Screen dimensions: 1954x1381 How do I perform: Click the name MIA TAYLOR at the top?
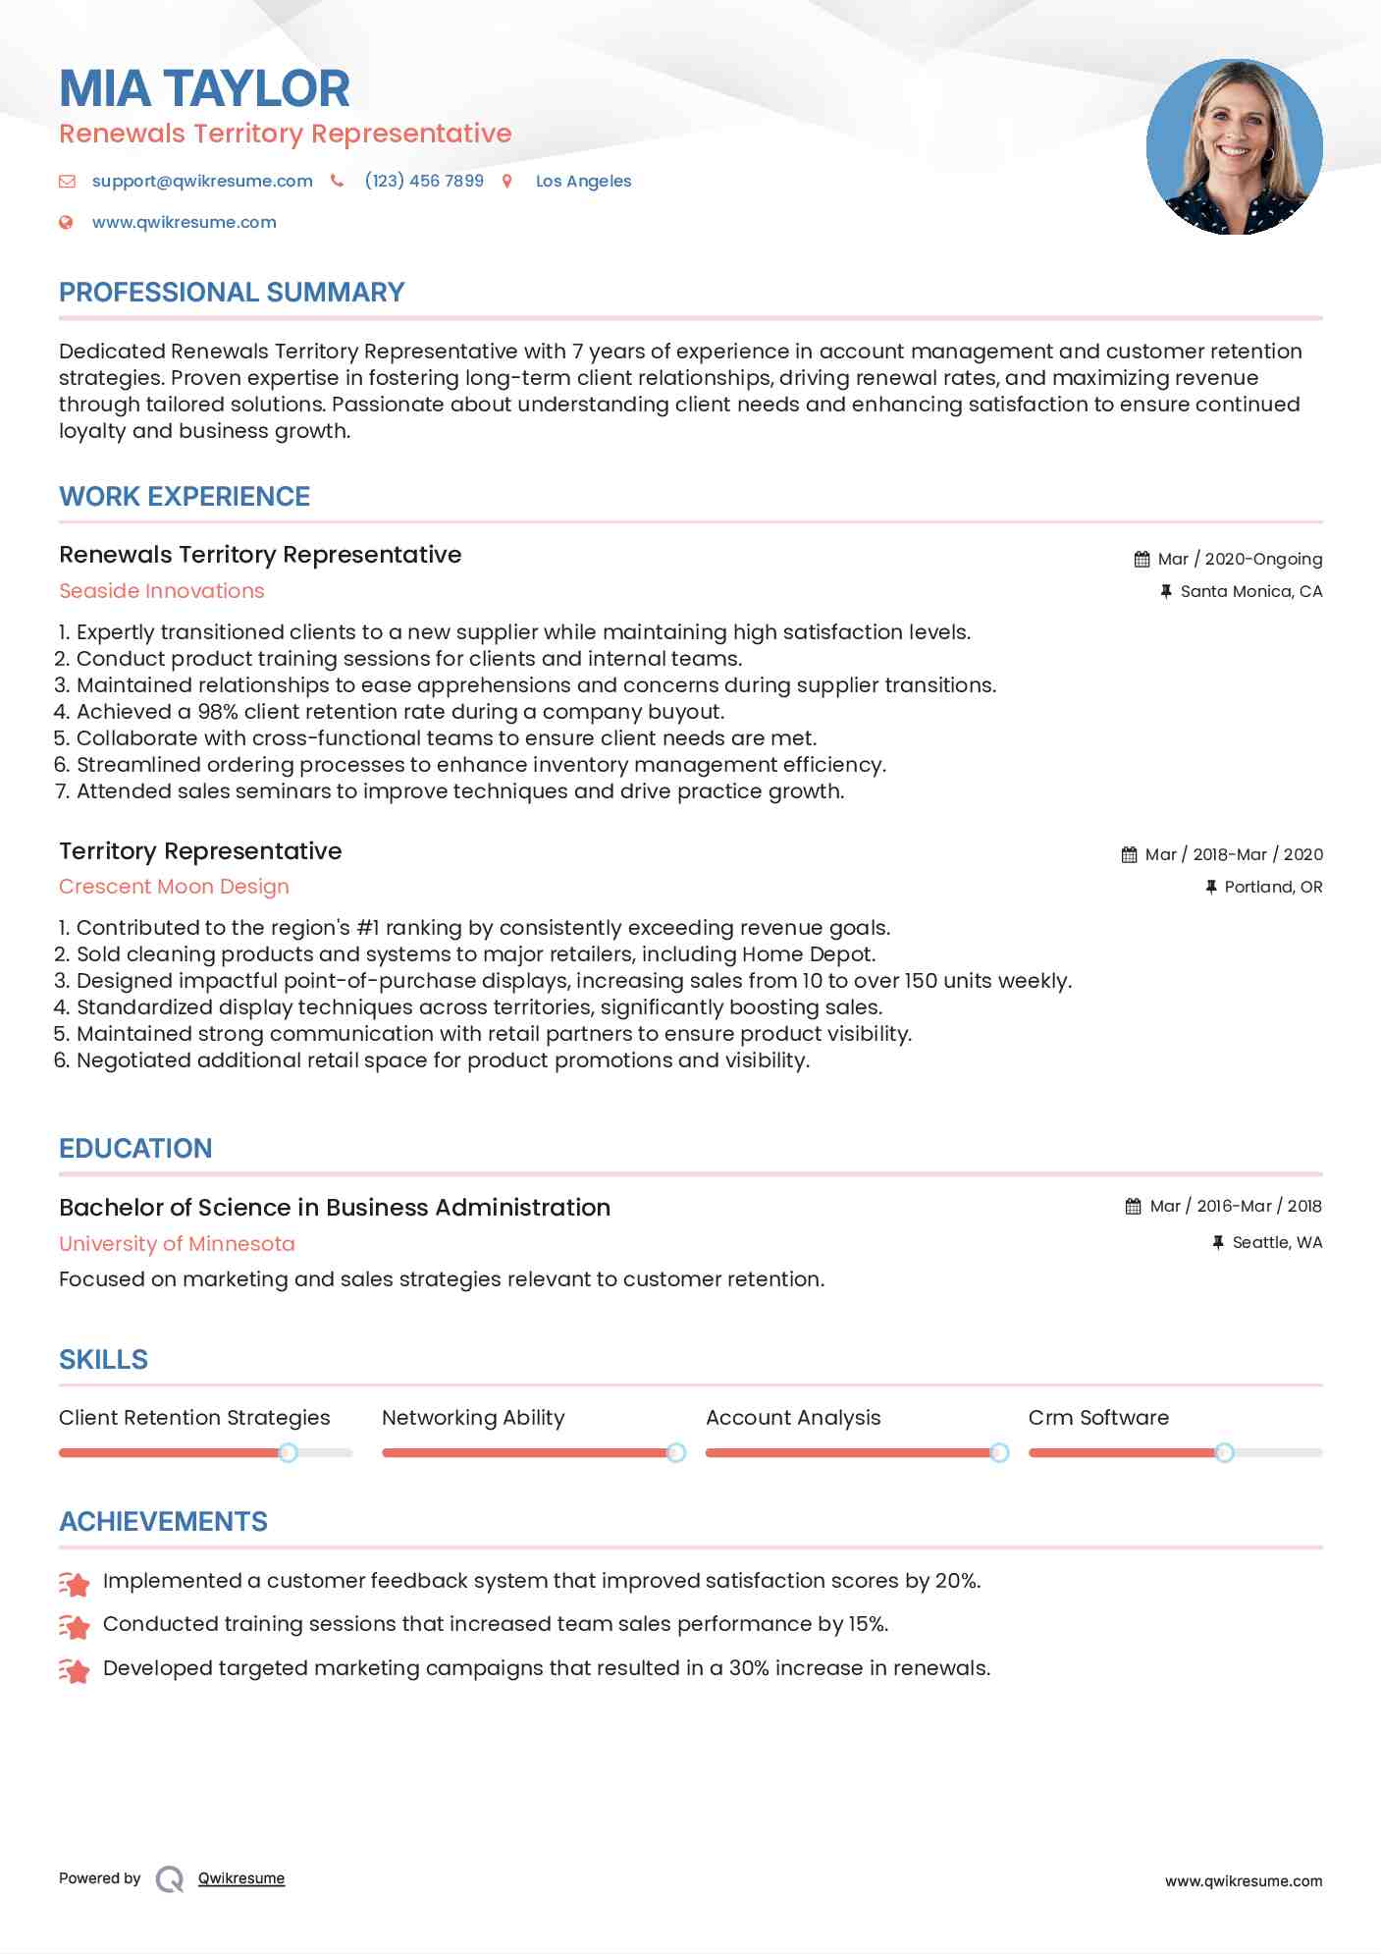click(x=204, y=88)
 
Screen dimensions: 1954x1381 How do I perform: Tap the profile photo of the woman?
click(x=1234, y=147)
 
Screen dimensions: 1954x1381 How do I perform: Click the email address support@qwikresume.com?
click(x=202, y=181)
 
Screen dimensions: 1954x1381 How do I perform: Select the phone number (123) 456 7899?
click(x=424, y=181)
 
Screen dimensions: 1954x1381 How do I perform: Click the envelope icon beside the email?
click(x=67, y=181)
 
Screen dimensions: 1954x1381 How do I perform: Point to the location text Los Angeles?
click(x=583, y=181)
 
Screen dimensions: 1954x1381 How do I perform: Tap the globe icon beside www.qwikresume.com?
click(x=66, y=222)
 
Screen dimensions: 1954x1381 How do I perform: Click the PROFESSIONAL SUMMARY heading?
click(x=232, y=293)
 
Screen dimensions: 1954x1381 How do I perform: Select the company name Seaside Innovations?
click(x=162, y=591)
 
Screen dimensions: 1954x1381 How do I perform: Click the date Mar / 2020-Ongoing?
click(x=1239, y=559)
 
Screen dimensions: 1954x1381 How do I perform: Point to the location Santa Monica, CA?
click(x=1250, y=591)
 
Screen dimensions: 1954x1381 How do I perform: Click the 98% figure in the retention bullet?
click(x=218, y=712)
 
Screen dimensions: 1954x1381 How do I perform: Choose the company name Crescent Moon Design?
click(x=174, y=887)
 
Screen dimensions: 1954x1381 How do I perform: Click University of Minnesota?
click(x=177, y=1244)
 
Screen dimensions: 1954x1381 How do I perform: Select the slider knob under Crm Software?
click(x=1224, y=1452)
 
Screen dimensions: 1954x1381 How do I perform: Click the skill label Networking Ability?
click(x=473, y=1418)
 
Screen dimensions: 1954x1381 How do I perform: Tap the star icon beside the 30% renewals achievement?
click(x=75, y=1669)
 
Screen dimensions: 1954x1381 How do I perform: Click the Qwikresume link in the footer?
click(x=241, y=1878)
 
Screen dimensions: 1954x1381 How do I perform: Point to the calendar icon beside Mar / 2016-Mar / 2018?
click(x=1133, y=1206)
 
